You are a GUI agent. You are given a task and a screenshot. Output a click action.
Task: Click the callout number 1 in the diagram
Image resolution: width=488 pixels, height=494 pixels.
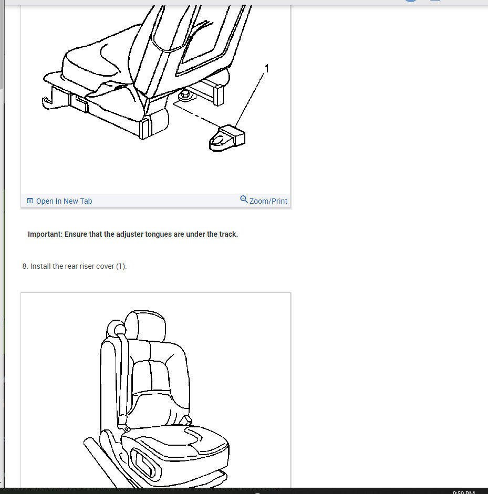267,69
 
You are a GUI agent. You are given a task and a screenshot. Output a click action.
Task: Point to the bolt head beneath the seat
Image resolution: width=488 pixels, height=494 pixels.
185,96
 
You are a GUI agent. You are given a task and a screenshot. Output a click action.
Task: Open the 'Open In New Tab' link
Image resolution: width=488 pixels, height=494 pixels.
64,201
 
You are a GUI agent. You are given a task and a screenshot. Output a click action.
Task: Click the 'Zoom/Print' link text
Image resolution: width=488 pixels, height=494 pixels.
268,201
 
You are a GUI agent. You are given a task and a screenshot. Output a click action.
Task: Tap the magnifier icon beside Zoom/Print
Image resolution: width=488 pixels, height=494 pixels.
244,199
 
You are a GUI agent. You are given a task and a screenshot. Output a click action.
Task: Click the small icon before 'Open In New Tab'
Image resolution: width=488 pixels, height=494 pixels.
30,201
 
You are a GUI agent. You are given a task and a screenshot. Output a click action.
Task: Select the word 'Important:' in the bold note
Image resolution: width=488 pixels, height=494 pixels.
45,234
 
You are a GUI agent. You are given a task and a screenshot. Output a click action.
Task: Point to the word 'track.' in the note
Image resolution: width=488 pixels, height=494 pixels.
227,234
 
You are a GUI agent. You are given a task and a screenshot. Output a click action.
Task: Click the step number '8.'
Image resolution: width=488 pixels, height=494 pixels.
25,266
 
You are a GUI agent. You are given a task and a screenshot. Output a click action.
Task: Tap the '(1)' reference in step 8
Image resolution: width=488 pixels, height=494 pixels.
121,266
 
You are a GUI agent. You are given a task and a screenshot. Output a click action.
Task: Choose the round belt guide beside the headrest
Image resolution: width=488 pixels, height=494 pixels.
114,329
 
